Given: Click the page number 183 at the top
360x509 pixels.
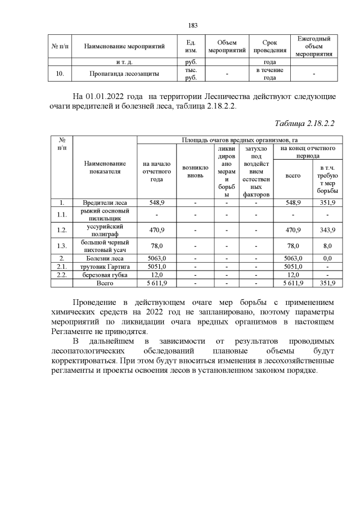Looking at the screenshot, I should pos(192,25).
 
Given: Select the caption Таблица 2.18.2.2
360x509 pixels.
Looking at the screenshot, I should pos(304,123).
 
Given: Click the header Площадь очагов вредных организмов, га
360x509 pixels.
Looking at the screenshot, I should pos(236,139).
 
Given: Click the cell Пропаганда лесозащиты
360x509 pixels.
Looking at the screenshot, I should pos(124,74).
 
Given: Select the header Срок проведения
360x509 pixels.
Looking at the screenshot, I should pos(269,46).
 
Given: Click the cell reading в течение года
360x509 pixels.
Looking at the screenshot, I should pos(269,74).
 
